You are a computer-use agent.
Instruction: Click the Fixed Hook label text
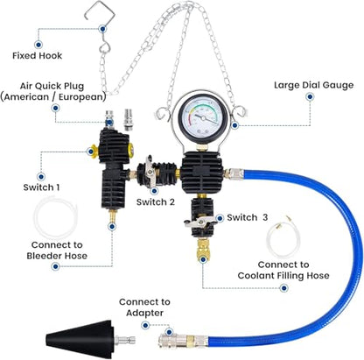(x=37, y=55)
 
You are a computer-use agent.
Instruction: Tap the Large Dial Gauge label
(x=313, y=85)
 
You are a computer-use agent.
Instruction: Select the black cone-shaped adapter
(x=80, y=339)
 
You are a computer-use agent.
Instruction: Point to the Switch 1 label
(x=42, y=187)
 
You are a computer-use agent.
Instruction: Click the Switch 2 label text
(x=156, y=201)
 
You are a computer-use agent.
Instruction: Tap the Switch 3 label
(x=248, y=217)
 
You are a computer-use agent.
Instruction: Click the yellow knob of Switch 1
(x=94, y=152)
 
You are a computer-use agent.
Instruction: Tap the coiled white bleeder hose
(x=55, y=217)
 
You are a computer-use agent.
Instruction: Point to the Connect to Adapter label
(x=144, y=307)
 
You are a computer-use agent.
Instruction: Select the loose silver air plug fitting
(x=128, y=119)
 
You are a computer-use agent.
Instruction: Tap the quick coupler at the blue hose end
(x=183, y=341)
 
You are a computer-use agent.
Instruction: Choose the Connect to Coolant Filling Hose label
(x=283, y=270)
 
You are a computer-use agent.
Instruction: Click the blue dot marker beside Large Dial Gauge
(x=310, y=96)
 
